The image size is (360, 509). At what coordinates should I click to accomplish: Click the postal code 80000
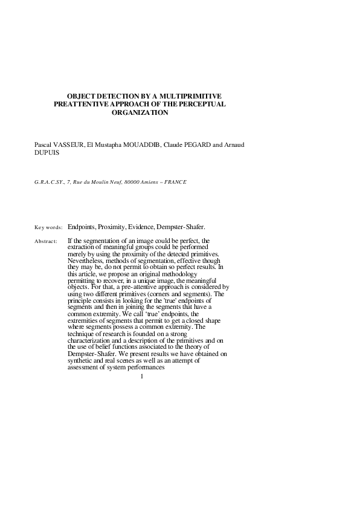tap(132, 182)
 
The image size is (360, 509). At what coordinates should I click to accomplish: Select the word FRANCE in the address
tap(176, 182)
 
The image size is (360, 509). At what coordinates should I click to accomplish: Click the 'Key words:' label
tap(48, 227)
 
